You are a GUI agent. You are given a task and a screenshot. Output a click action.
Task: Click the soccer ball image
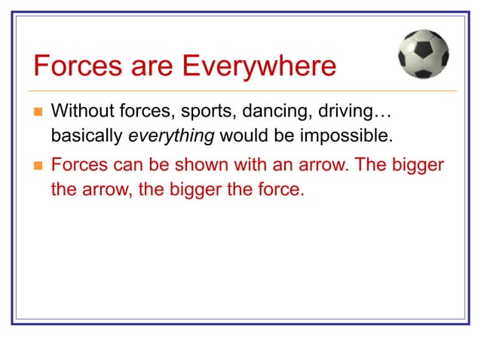pyautogui.click(x=424, y=53)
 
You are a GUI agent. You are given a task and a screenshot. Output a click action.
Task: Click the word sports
pyautogui.click(x=207, y=112)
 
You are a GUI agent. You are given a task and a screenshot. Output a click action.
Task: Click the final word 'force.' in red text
pyautogui.click(x=284, y=190)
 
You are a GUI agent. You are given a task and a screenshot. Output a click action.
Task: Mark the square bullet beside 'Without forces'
pyautogui.click(x=38, y=113)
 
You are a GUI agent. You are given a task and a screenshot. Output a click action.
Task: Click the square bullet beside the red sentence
pyautogui.click(x=38, y=166)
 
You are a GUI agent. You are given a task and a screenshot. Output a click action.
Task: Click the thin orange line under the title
pyautogui.click(x=241, y=91)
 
